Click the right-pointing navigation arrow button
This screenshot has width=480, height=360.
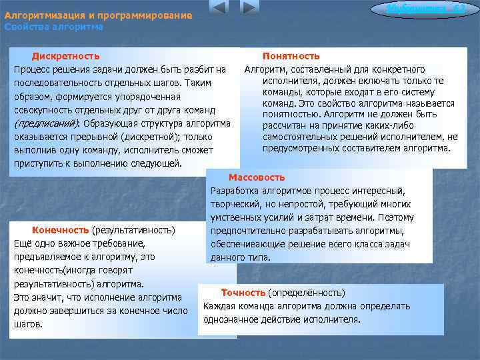[x=249, y=8]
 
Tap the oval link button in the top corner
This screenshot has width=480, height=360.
[x=418, y=9]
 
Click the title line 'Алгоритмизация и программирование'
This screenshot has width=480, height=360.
[x=98, y=15]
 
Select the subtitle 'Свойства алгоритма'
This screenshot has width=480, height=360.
[x=53, y=27]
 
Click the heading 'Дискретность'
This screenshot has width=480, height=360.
[x=66, y=56]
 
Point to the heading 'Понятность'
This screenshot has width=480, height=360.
[x=291, y=56]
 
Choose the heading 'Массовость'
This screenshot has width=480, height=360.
[x=257, y=177]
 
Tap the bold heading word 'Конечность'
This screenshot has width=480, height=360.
[x=61, y=230]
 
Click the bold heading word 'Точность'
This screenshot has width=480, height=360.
[x=243, y=293]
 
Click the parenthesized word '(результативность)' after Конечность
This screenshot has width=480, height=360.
[x=133, y=230]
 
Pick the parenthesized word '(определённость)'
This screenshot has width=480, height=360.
[x=306, y=293]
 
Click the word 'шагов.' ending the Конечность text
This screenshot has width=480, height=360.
[x=29, y=324]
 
